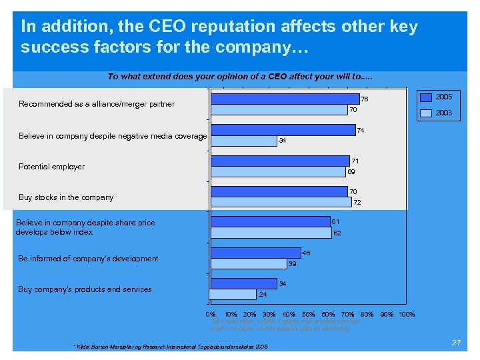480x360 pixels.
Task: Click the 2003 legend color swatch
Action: point(425,113)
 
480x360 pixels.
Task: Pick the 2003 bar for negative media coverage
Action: point(243,141)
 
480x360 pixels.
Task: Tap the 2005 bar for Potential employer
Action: point(280,161)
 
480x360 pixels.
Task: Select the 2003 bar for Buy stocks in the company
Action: point(281,202)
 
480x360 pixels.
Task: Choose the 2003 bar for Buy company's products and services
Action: point(233,294)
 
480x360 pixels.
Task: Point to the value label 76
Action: point(365,99)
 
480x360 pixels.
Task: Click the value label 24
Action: point(263,294)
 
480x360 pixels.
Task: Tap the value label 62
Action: point(337,233)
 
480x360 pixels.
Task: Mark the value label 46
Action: point(306,253)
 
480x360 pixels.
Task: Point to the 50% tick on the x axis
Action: point(308,314)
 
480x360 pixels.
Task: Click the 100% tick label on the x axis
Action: point(407,314)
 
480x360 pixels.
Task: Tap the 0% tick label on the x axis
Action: point(211,314)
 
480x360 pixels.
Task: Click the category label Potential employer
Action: point(52,167)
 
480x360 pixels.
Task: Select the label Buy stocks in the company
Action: point(66,197)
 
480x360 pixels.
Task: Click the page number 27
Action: point(456,342)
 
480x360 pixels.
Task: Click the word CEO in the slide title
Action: point(165,27)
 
